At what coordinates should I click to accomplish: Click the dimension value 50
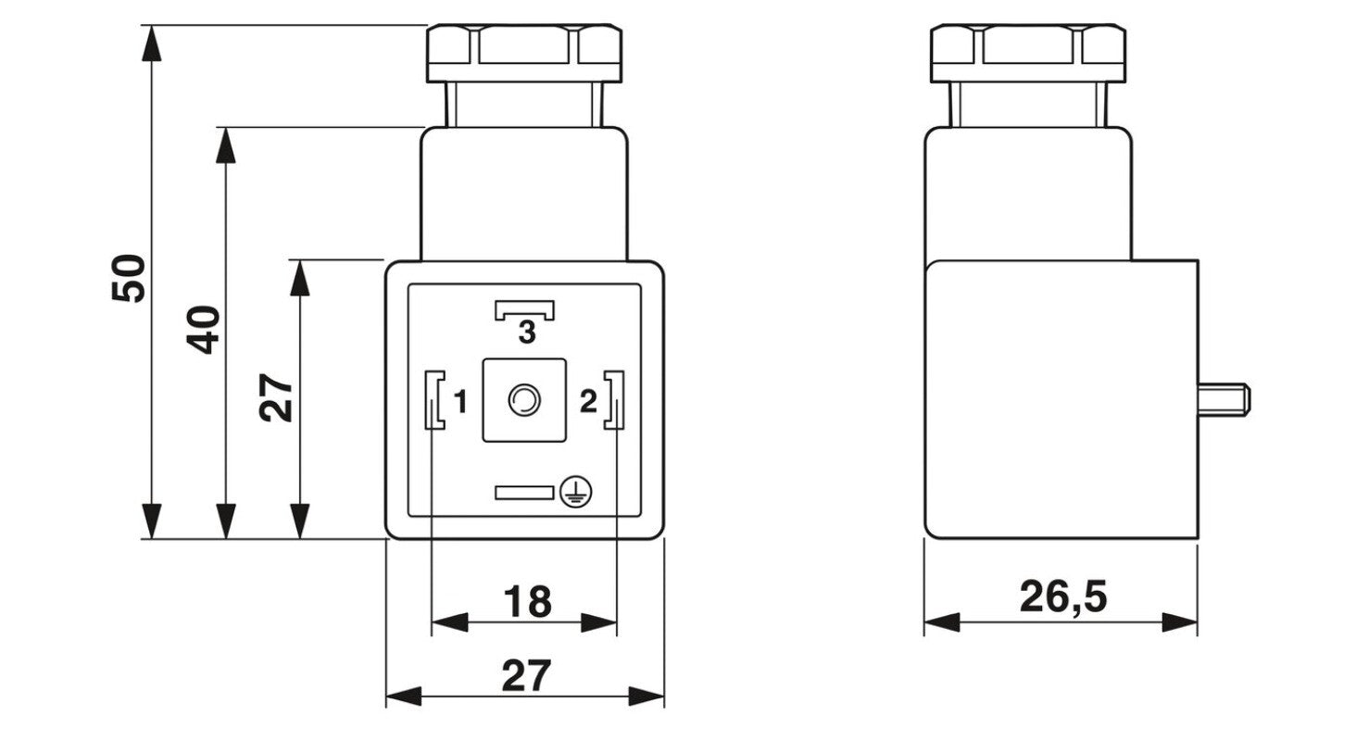click(x=129, y=279)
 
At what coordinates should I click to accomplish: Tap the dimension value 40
click(x=203, y=330)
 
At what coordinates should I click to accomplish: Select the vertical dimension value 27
click(x=276, y=397)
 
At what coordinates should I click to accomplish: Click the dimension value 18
click(x=527, y=601)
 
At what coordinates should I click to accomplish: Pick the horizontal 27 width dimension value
click(x=526, y=675)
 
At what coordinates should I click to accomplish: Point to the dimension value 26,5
click(x=1063, y=597)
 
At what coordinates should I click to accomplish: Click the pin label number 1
click(x=460, y=401)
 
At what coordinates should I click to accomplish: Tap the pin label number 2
click(x=588, y=401)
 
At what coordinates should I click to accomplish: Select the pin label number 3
click(x=527, y=333)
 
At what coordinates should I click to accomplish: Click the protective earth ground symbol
click(x=575, y=491)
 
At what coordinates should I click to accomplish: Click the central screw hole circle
click(x=523, y=400)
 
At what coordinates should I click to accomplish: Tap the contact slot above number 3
click(x=524, y=310)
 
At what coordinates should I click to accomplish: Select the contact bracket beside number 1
click(x=434, y=400)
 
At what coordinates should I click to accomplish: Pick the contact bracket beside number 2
click(x=614, y=400)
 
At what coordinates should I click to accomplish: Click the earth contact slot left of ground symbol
click(x=524, y=493)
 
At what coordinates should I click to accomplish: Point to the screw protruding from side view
click(x=1224, y=400)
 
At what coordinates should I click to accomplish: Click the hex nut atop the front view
click(x=524, y=54)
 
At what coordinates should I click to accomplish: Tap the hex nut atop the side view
click(x=1028, y=54)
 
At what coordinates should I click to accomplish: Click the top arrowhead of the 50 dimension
click(x=151, y=43)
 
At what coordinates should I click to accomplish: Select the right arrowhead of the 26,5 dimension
click(x=1180, y=622)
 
